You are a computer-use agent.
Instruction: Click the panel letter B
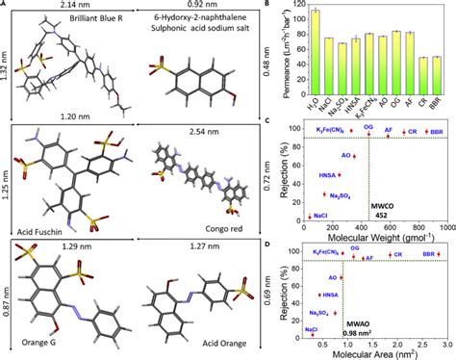(278, 5)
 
